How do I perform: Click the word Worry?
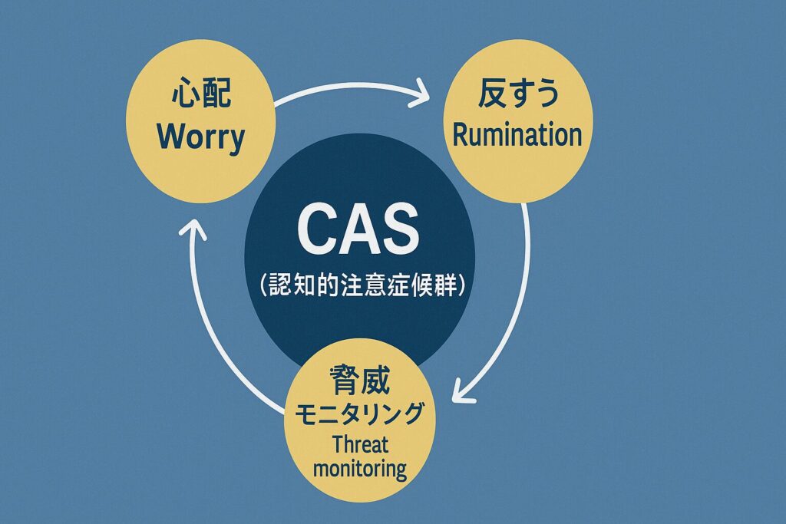click(200, 138)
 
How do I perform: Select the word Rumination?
click(517, 135)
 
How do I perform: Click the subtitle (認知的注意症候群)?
click(358, 286)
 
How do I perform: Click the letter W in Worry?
click(168, 138)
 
